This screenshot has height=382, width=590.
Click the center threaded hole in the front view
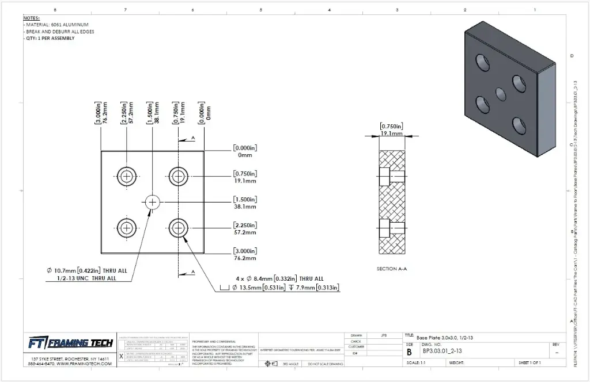[x=152, y=201]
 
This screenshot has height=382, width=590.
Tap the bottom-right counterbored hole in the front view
[x=179, y=228]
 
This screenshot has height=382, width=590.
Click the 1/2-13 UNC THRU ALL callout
[x=87, y=278]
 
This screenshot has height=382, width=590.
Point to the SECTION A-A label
[x=391, y=269]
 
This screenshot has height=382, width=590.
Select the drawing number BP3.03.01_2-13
[x=442, y=351]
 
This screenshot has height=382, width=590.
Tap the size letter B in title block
[x=409, y=352]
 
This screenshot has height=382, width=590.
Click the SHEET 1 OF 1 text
[x=533, y=363]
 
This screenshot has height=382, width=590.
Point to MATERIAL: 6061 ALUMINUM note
[x=57, y=25]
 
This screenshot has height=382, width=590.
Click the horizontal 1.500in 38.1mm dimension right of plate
[x=245, y=202]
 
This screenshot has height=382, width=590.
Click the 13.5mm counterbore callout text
[x=282, y=287]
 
